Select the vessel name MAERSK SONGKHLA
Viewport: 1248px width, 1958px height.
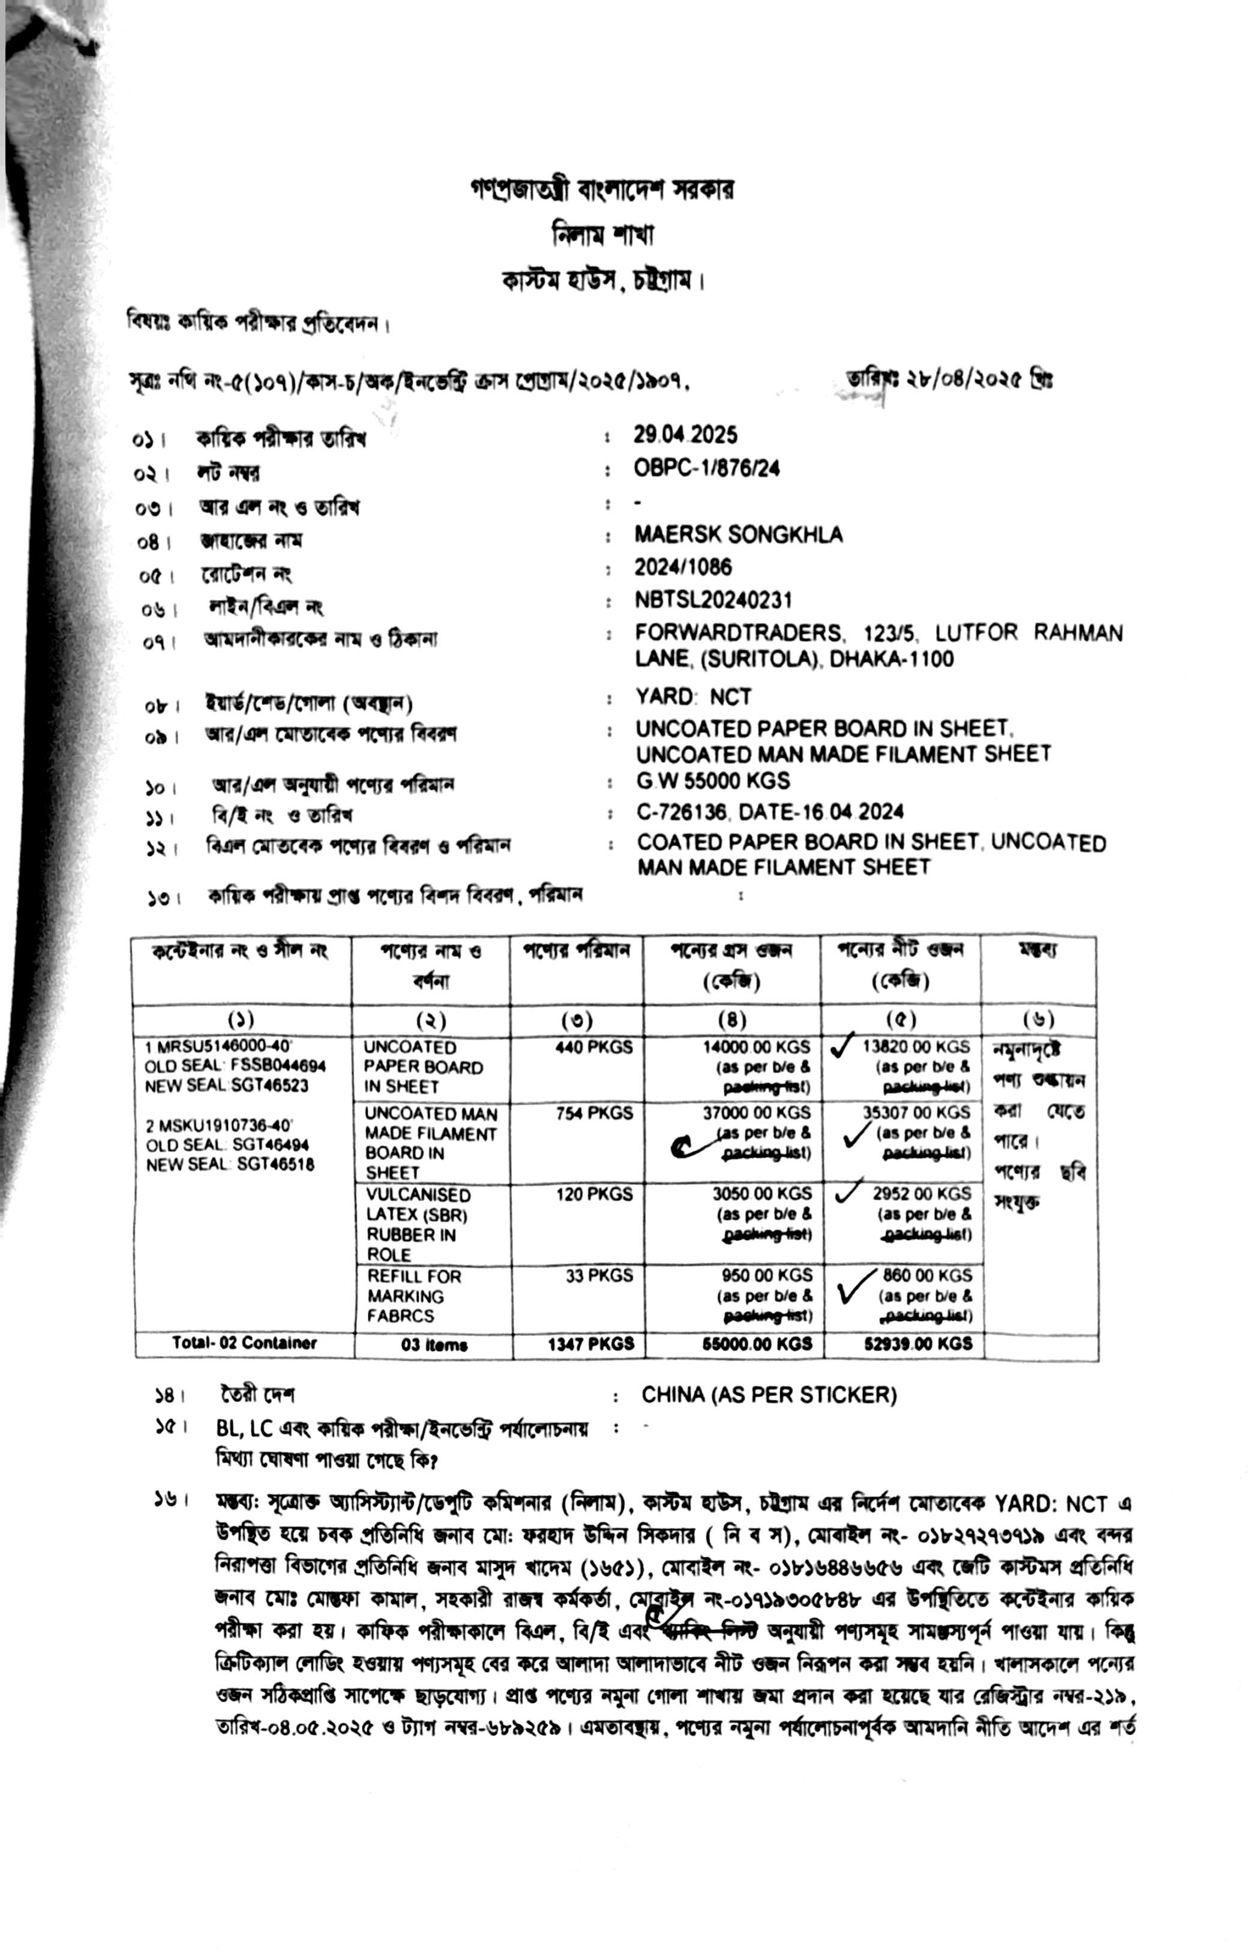click(x=738, y=534)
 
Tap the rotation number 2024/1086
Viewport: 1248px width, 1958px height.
click(x=683, y=567)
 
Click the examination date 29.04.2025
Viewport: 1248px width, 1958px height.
click(x=685, y=435)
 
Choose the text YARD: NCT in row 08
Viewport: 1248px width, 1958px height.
click(x=694, y=697)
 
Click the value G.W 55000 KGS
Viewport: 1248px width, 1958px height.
click(x=713, y=780)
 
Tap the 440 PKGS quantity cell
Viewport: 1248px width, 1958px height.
click(x=593, y=1047)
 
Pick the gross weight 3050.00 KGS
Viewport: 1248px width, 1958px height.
click(x=762, y=1194)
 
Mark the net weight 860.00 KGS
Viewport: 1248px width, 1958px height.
click(x=927, y=1275)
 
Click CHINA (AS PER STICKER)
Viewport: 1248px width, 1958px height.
click(x=769, y=1395)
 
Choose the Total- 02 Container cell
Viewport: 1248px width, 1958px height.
click(x=244, y=1343)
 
